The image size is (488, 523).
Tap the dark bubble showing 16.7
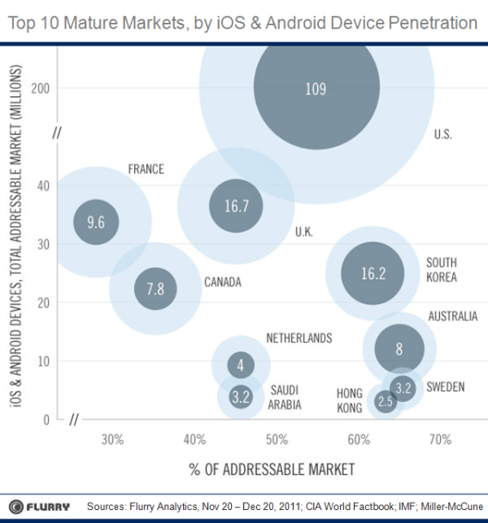point(236,206)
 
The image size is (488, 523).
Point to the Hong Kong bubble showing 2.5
point(386,401)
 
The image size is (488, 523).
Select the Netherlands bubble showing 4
point(240,366)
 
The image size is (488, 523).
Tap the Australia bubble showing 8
point(399,348)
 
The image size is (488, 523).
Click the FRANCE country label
point(146,169)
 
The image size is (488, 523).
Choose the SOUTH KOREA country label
point(442,269)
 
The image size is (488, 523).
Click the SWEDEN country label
point(446,386)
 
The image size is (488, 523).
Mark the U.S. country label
point(443,134)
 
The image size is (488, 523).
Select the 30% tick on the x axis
point(112,440)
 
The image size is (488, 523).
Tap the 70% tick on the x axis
point(440,440)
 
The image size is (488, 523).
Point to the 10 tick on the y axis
point(46,360)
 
